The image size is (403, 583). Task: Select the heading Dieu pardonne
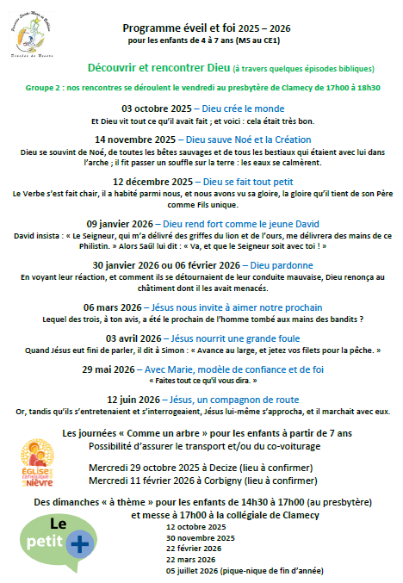(x=283, y=265)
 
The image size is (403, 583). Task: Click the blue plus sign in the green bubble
(x=79, y=544)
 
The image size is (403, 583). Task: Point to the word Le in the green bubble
(x=58, y=523)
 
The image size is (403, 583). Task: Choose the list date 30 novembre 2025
(x=195, y=537)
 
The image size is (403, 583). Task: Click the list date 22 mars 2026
(x=189, y=559)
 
